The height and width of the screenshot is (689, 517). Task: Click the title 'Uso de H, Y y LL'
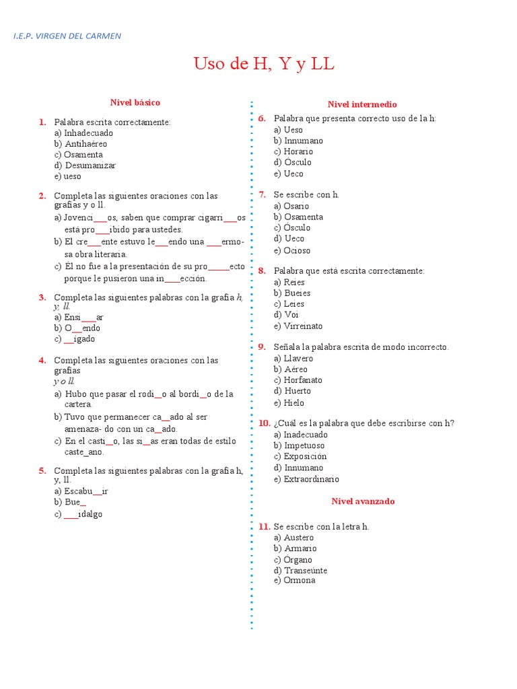[x=264, y=65]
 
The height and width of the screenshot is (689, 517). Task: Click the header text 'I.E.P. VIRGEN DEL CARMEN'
[x=67, y=36]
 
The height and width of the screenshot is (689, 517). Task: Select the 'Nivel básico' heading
[x=135, y=102]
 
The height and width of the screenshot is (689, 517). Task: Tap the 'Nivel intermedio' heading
[x=362, y=104]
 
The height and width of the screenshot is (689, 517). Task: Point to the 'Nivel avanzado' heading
[x=363, y=501]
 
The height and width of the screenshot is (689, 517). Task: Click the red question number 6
[x=262, y=118]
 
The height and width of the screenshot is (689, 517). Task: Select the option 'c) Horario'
[x=293, y=151]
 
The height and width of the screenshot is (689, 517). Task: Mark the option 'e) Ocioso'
[x=292, y=250]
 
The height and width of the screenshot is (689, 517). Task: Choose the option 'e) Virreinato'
[x=298, y=326]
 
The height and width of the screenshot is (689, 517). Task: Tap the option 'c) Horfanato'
[x=298, y=380]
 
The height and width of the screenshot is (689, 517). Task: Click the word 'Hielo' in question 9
[x=294, y=403]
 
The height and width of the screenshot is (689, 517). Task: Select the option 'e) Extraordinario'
[x=306, y=479]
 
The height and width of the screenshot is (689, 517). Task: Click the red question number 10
[x=264, y=423]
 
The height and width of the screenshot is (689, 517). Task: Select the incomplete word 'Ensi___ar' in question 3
[x=84, y=318]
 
